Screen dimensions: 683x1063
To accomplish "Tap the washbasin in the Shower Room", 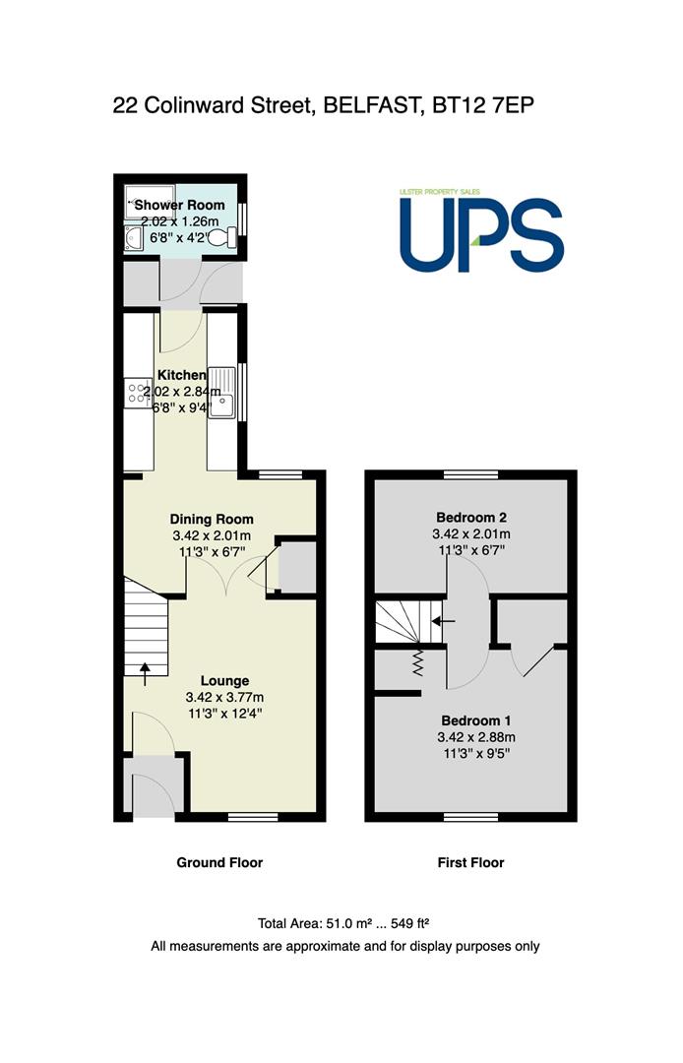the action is pos(133,238).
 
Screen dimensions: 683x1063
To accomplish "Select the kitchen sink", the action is pos(221,393).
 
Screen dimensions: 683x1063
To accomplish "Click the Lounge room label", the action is pos(225,681).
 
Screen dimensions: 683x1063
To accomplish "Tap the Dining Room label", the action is pos(212,520).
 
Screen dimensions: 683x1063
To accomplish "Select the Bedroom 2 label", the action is pos(471,518).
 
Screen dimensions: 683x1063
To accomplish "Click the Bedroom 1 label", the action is pos(475,720).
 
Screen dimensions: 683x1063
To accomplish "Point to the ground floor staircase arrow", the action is pos(145,674).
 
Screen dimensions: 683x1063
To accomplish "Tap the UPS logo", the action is pos(481,230).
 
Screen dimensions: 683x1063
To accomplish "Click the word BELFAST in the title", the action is pos(369,105).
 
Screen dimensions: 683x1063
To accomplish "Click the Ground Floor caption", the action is pos(219,862).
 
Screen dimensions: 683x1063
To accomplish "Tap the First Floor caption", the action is pos(471,862).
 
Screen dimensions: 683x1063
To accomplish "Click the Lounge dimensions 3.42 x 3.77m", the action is pos(225,697).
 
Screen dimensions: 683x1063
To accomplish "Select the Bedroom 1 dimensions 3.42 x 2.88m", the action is pos(476,737).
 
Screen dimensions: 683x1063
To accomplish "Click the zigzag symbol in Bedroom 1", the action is pos(417,662).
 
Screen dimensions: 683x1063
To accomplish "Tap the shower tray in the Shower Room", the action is pos(150,202).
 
